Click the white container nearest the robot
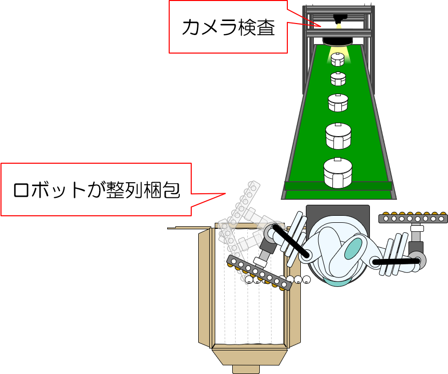point(338,173)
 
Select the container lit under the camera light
point(338,60)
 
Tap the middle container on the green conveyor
point(338,103)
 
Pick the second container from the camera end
point(338,79)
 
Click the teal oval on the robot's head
point(353,248)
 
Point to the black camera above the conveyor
point(340,17)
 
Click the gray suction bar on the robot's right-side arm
point(413,218)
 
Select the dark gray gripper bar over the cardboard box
point(259,272)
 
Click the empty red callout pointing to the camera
point(228,27)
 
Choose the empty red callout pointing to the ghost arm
point(96,189)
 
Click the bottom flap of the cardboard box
point(249,357)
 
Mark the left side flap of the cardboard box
point(205,288)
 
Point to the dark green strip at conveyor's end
point(338,186)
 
